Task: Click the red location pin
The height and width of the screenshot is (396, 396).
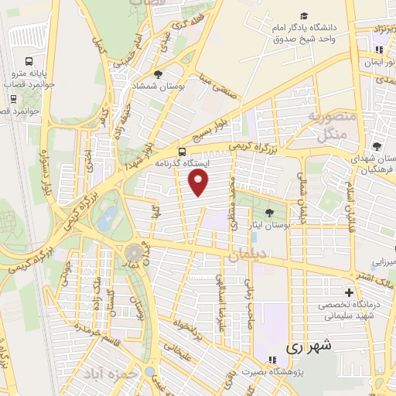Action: tap(200, 183)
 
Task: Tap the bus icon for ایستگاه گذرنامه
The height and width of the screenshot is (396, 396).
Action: tap(181, 152)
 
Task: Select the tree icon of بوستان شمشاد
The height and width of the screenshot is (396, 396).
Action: tap(159, 74)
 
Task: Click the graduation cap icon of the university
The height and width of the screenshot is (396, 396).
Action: tap(304, 16)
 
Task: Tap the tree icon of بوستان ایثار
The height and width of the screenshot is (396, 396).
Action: tap(268, 211)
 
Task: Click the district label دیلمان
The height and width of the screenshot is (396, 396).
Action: tap(247, 254)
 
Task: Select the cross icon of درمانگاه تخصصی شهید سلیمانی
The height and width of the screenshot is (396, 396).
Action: tap(350, 292)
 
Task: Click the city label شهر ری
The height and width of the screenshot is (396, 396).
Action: tap(313, 346)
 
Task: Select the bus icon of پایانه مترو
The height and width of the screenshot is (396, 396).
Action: tap(28, 61)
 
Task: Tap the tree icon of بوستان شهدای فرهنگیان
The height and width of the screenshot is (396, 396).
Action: tap(376, 146)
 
